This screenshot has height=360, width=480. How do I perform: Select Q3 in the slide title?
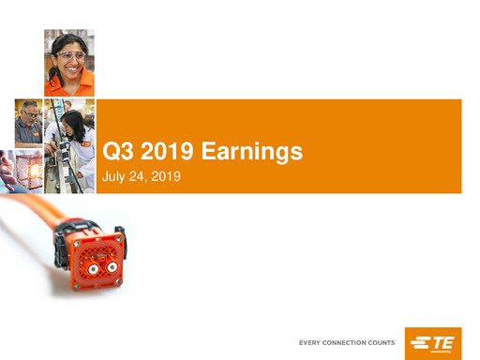[x=115, y=150]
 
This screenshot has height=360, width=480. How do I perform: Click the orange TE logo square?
[x=432, y=343]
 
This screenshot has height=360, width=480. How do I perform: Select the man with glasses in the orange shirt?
[x=27, y=122]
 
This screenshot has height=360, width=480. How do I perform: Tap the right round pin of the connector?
[x=112, y=269]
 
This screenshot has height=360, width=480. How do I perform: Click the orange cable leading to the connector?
[x=28, y=234]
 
